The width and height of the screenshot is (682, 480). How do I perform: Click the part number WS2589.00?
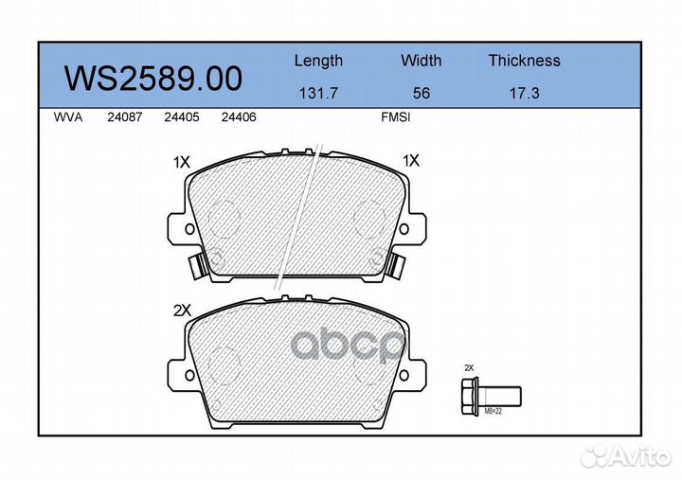(153, 79)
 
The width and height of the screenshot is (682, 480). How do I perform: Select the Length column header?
(318, 61)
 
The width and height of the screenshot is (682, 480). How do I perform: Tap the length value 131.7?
(318, 93)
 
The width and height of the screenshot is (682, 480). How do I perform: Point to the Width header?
(421, 61)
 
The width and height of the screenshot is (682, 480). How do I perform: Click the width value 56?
(421, 93)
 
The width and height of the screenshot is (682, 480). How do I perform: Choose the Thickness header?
(524, 61)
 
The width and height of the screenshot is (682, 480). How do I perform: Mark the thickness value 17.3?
(524, 93)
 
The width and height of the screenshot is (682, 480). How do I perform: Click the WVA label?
(68, 117)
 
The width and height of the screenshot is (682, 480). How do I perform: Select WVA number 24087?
(125, 117)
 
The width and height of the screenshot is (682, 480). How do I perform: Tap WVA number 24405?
(182, 117)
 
